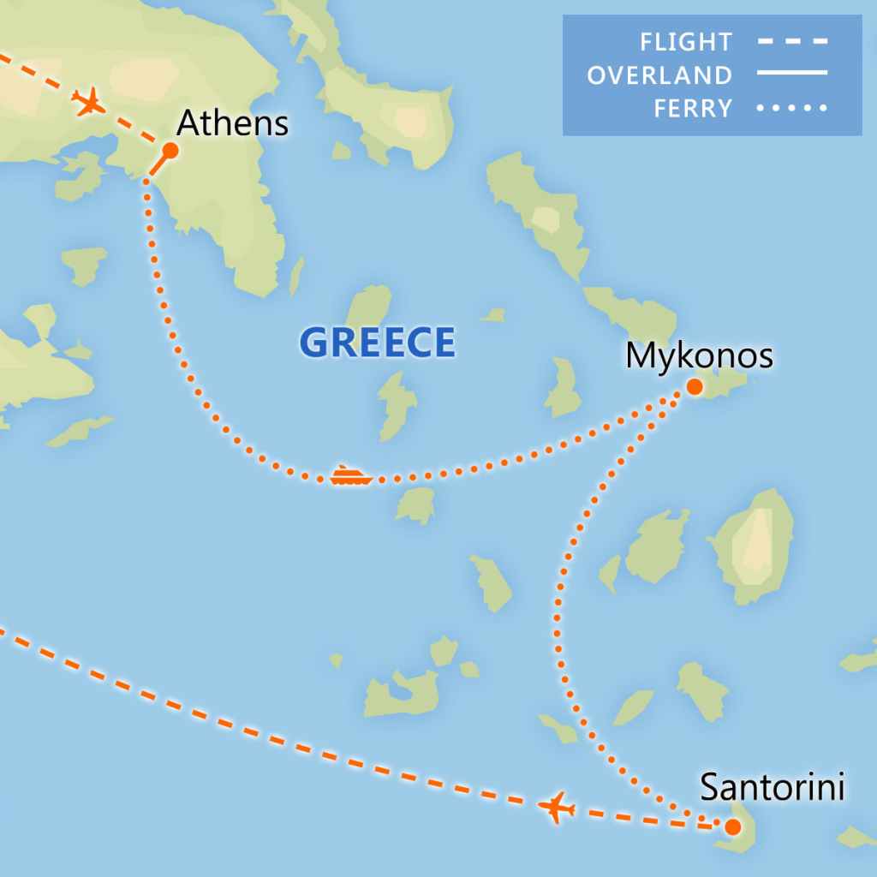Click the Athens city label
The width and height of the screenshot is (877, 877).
coord(232,124)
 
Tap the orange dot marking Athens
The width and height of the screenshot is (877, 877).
coord(170,151)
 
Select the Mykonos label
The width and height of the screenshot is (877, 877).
coord(699,355)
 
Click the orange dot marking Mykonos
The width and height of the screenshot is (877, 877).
coord(695,387)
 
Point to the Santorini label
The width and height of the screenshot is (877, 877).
coord(772,787)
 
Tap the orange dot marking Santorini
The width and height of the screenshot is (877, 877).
coord(732,827)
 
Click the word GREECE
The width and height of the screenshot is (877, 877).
coord(377,343)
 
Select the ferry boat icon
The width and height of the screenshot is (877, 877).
coord(350,476)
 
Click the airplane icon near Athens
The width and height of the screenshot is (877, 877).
coord(89,103)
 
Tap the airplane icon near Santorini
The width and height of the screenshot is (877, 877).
coord(557,807)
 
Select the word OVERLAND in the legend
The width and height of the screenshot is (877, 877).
coord(659,75)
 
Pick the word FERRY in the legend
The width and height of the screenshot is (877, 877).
coord(693,109)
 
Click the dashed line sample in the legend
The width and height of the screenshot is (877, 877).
coord(792,41)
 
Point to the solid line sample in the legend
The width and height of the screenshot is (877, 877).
coord(792,75)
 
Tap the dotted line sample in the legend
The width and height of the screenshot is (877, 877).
coord(792,109)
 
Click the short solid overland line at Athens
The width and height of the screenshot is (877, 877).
coord(159,164)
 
